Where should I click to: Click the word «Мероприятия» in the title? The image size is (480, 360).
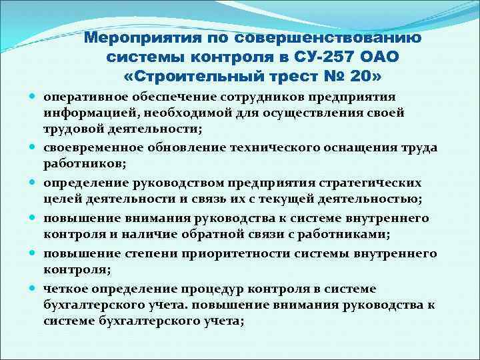point(139,38)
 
